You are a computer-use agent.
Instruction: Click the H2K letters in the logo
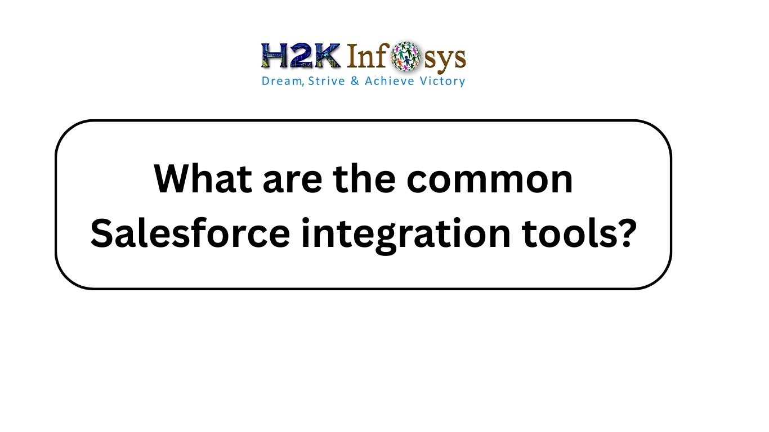301,56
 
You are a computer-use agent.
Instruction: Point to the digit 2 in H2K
301,56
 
